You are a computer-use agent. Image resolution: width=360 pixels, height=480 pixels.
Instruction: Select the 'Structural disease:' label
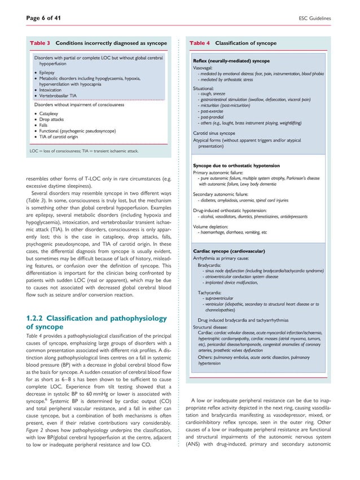(x=212, y=327)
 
